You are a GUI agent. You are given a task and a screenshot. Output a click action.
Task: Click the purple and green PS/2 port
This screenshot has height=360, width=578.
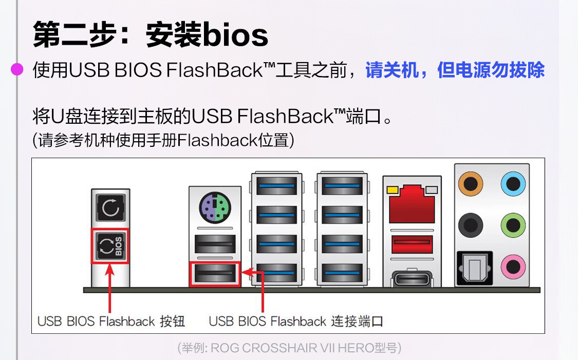click(x=215, y=209)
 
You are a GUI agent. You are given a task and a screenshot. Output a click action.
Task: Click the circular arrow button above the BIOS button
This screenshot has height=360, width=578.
click(x=110, y=209)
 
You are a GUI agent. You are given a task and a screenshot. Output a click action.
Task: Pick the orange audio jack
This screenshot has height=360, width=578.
click(x=470, y=182)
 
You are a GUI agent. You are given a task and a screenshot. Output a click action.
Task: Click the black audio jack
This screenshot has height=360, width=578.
click(x=470, y=224)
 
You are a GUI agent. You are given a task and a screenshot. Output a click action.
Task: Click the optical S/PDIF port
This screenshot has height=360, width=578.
click(x=474, y=267)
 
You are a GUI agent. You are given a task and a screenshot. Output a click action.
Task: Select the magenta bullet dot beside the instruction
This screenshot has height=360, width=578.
click(x=17, y=70)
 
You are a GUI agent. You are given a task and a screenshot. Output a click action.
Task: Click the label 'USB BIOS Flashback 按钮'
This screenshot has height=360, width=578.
click(x=111, y=321)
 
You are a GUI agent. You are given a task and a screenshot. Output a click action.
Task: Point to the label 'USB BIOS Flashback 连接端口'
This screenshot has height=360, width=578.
click(x=296, y=321)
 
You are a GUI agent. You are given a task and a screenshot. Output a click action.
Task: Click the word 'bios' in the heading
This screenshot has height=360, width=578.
click(x=236, y=35)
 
